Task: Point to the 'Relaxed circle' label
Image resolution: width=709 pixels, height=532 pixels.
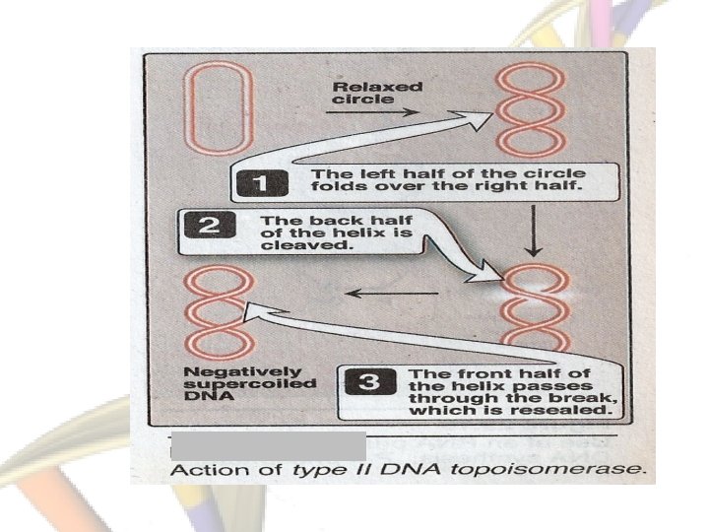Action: pos(363,93)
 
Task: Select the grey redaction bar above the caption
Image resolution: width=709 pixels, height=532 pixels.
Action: pos(268,444)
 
